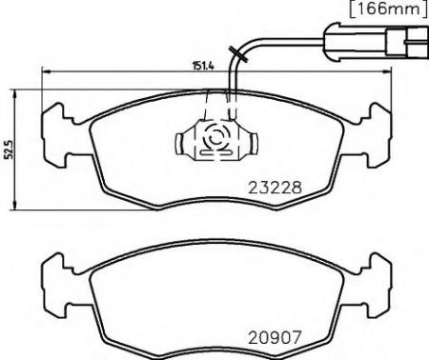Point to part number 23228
[x=276, y=188]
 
